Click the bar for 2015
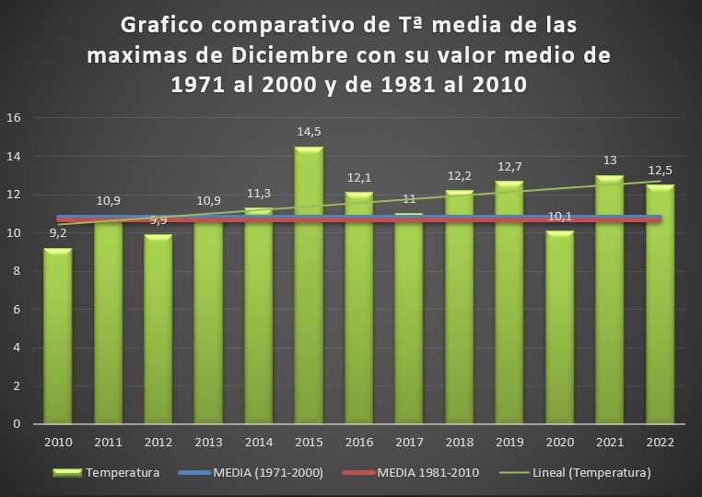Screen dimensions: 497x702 [x=309, y=286]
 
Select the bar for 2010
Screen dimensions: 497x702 [x=58, y=337]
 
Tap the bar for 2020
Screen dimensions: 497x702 [x=559, y=327]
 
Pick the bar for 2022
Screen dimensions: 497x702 [x=659, y=304]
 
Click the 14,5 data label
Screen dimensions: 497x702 [x=309, y=132]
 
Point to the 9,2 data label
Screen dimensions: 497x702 [x=58, y=234]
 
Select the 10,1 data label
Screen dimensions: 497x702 [x=559, y=217]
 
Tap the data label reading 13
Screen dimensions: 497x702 [x=609, y=160]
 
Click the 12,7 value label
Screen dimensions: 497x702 [x=509, y=166]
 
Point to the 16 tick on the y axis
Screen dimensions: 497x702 [x=14, y=118]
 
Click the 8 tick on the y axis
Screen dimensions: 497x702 [x=18, y=271]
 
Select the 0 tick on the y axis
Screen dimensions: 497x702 [x=18, y=424]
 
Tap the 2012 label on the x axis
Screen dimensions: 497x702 [x=158, y=444]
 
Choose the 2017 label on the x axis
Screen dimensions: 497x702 [x=408, y=444]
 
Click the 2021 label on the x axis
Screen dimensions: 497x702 [x=609, y=444]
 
